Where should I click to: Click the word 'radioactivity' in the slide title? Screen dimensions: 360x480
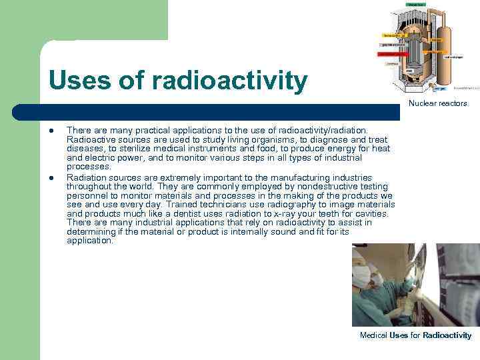(x=230, y=81)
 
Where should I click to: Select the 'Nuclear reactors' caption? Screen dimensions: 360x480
(x=438, y=103)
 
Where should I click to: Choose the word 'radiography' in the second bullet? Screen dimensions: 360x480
(x=285, y=205)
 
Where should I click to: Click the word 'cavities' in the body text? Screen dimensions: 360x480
(x=379, y=214)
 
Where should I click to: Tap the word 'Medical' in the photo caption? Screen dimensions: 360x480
(x=373, y=335)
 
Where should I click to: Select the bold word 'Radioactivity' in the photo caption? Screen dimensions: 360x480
(x=447, y=335)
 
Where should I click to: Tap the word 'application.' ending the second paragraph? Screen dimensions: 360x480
(x=90, y=241)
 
